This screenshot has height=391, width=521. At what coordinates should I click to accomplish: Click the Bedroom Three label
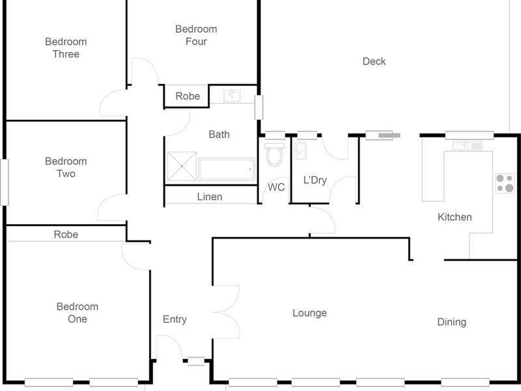pyautogui.click(x=65, y=48)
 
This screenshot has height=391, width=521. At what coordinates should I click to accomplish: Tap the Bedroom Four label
pyautogui.click(x=196, y=35)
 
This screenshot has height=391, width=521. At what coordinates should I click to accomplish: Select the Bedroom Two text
pyautogui.click(x=65, y=167)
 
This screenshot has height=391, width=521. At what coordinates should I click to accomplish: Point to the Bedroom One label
pyautogui.click(x=77, y=313)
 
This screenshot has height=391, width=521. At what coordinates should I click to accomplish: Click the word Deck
pyautogui.click(x=374, y=61)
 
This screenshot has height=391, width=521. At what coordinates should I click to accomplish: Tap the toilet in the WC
pyautogui.click(x=275, y=154)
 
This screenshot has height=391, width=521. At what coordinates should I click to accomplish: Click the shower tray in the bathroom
pyautogui.click(x=181, y=167)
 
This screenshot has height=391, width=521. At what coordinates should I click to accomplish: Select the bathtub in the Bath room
pyautogui.click(x=225, y=169)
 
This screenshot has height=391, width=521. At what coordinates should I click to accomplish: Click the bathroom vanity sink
pyautogui.click(x=232, y=96)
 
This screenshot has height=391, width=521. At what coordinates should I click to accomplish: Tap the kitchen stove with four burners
pyautogui.click(x=504, y=183)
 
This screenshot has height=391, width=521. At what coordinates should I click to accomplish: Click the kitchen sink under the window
pyautogui.click(x=467, y=145)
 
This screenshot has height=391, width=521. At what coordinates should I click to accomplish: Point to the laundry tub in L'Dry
pyautogui.click(x=302, y=151)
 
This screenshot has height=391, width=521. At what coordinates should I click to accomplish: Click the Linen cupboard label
pyautogui.click(x=209, y=196)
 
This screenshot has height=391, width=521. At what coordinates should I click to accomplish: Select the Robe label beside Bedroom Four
pyautogui.click(x=188, y=96)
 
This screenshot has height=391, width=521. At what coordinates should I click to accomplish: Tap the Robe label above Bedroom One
pyautogui.click(x=66, y=234)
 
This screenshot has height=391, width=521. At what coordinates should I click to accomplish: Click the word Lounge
pyautogui.click(x=309, y=313)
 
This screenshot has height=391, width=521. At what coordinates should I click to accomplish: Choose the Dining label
pyautogui.click(x=451, y=322)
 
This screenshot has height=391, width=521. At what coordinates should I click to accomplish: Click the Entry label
pyautogui.click(x=175, y=319)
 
